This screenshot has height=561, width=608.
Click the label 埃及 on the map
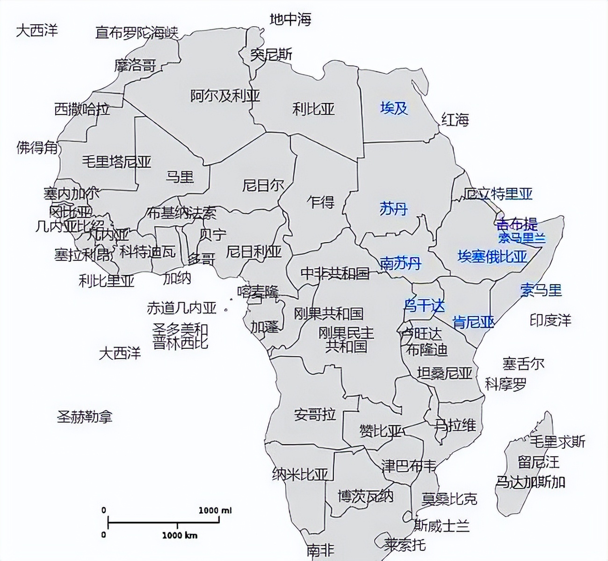coord(394,108)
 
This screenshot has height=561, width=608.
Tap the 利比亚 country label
coord(313,109)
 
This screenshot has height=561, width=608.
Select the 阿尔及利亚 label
coord(225,96)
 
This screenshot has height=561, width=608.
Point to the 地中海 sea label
coord(290,19)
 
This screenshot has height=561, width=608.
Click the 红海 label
coord(455,120)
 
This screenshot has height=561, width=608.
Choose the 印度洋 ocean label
coord(550,321)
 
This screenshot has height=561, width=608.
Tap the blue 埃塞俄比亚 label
coord(492,257)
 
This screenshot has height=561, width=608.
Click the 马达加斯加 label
coord(530,482)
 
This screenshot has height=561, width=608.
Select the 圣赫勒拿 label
coord(85,417)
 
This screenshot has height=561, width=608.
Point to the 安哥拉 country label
coord(315,414)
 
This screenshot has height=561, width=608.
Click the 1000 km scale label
coord(180,535)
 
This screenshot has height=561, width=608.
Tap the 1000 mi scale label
coord(215,510)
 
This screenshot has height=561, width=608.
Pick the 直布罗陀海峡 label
coord(137,33)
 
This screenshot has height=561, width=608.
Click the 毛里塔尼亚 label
coord(116,162)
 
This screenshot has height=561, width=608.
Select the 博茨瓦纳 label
coord(366,496)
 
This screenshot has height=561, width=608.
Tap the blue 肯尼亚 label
coord(473,322)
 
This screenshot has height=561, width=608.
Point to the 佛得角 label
coord(37,148)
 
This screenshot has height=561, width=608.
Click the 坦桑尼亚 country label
coord(444,373)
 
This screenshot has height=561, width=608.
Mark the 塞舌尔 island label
coord(523,363)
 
